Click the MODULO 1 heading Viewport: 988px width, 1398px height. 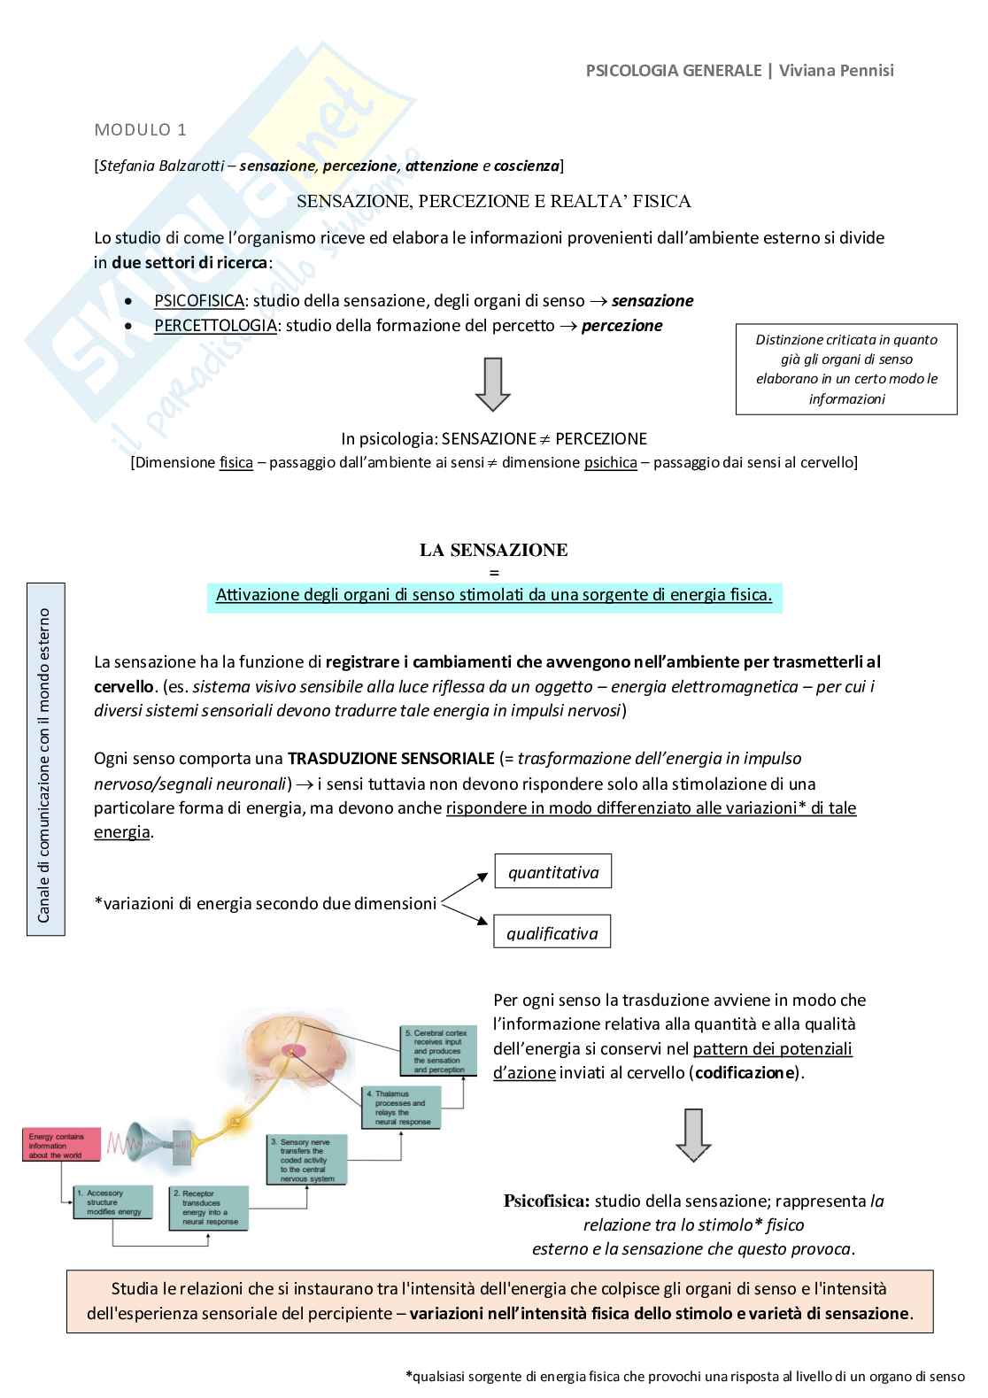[x=140, y=130]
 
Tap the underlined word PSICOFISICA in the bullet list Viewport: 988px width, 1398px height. [x=198, y=301]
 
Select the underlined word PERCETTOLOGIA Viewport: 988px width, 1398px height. [x=215, y=326]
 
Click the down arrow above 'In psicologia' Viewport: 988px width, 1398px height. [x=492, y=384]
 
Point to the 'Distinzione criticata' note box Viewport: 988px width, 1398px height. [x=846, y=369]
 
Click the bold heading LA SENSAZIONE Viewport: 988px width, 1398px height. [x=493, y=550]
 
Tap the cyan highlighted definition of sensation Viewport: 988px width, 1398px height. [x=493, y=595]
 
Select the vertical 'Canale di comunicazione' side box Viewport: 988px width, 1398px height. [x=45, y=759]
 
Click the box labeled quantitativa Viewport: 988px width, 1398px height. [x=552, y=872]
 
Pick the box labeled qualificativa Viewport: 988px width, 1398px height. [x=552, y=932]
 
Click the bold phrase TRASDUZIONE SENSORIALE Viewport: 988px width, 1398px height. [x=390, y=759]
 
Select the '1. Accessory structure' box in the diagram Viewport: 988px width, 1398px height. [x=112, y=1203]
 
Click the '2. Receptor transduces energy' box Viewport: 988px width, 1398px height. [x=209, y=1209]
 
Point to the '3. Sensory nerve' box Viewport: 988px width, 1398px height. [x=306, y=1160]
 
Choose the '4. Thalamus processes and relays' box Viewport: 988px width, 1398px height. [x=401, y=1108]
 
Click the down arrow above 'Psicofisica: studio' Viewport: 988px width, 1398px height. [x=693, y=1134]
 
